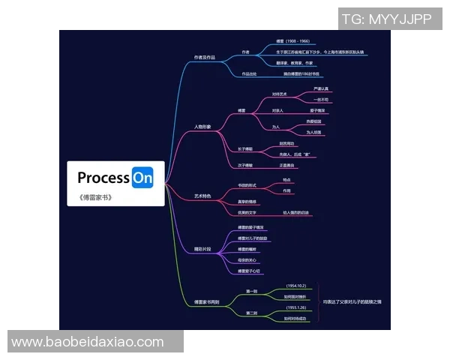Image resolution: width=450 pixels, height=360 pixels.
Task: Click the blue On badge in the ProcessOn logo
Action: tap(142, 178)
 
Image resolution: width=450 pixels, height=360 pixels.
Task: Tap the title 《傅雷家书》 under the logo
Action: tap(94, 198)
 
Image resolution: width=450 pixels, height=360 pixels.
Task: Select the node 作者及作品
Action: tap(204, 57)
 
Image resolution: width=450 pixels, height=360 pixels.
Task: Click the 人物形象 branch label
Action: tap(203, 127)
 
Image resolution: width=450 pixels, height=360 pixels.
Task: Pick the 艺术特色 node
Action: tap(203, 196)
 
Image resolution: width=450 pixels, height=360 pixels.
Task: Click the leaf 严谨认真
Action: tap(321, 89)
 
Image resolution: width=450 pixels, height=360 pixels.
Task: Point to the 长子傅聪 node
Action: tap(245, 148)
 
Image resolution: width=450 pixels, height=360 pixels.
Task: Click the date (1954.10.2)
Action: tap(297, 286)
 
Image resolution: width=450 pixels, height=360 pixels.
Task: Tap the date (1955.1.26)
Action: tap(297, 307)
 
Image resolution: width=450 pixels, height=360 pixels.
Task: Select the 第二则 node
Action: tap(252, 313)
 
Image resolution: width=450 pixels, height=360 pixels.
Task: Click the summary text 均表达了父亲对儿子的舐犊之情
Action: tap(352, 301)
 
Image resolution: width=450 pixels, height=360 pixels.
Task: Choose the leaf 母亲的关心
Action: tap(247, 260)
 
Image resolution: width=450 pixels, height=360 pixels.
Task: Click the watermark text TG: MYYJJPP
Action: tap(387, 19)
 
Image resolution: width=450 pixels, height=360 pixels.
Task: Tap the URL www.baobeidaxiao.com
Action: tap(88, 342)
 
